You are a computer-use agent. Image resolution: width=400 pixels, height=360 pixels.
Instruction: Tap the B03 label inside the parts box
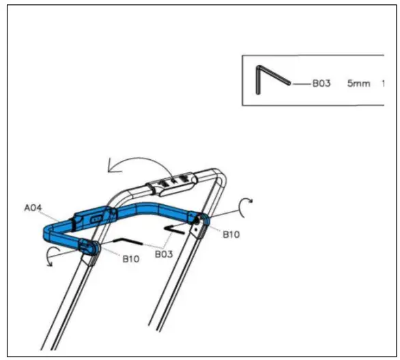click(322, 83)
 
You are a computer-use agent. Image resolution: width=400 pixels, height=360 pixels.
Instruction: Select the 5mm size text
click(358, 83)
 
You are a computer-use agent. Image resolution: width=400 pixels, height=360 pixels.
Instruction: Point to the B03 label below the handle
click(163, 253)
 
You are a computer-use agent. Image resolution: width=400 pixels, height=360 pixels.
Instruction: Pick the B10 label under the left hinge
click(132, 258)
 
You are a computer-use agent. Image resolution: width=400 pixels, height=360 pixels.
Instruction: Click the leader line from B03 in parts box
click(300, 83)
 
